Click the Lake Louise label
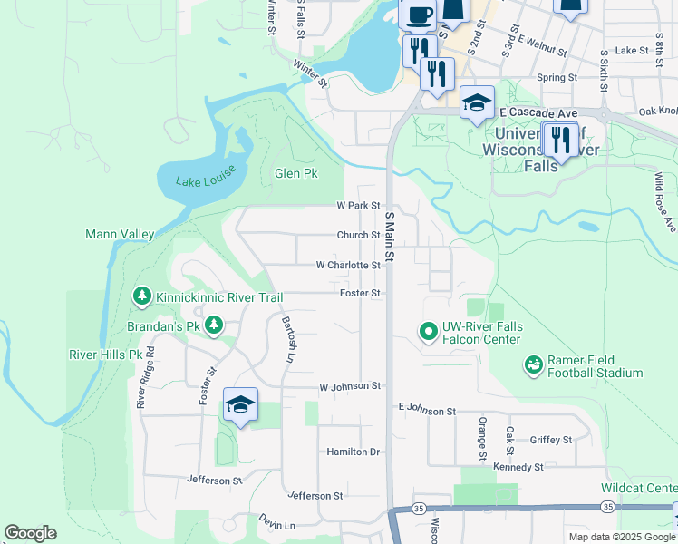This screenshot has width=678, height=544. pyautogui.click(x=201, y=180)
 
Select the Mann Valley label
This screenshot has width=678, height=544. pyautogui.click(x=120, y=234)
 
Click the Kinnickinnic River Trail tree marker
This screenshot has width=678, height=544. pyautogui.click(x=141, y=296)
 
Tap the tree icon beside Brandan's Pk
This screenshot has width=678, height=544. pyautogui.click(x=214, y=325)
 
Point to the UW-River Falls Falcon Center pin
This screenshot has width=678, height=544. pyautogui.click(x=428, y=333)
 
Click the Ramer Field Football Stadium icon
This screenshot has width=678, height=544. pyautogui.click(x=534, y=364)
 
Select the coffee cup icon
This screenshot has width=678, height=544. pyautogui.click(x=418, y=15)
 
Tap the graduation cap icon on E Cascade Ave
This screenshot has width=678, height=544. pyautogui.click(x=477, y=102)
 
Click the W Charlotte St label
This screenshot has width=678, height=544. pyautogui.click(x=347, y=265)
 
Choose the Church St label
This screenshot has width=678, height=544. pyautogui.click(x=358, y=235)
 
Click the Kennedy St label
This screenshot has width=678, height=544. pyautogui.click(x=518, y=467)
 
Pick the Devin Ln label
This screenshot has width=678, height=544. pyautogui.click(x=277, y=525)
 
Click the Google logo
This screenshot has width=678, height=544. pyautogui.click(x=30, y=533)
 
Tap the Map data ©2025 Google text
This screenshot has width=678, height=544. pyautogui.click(x=621, y=537)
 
